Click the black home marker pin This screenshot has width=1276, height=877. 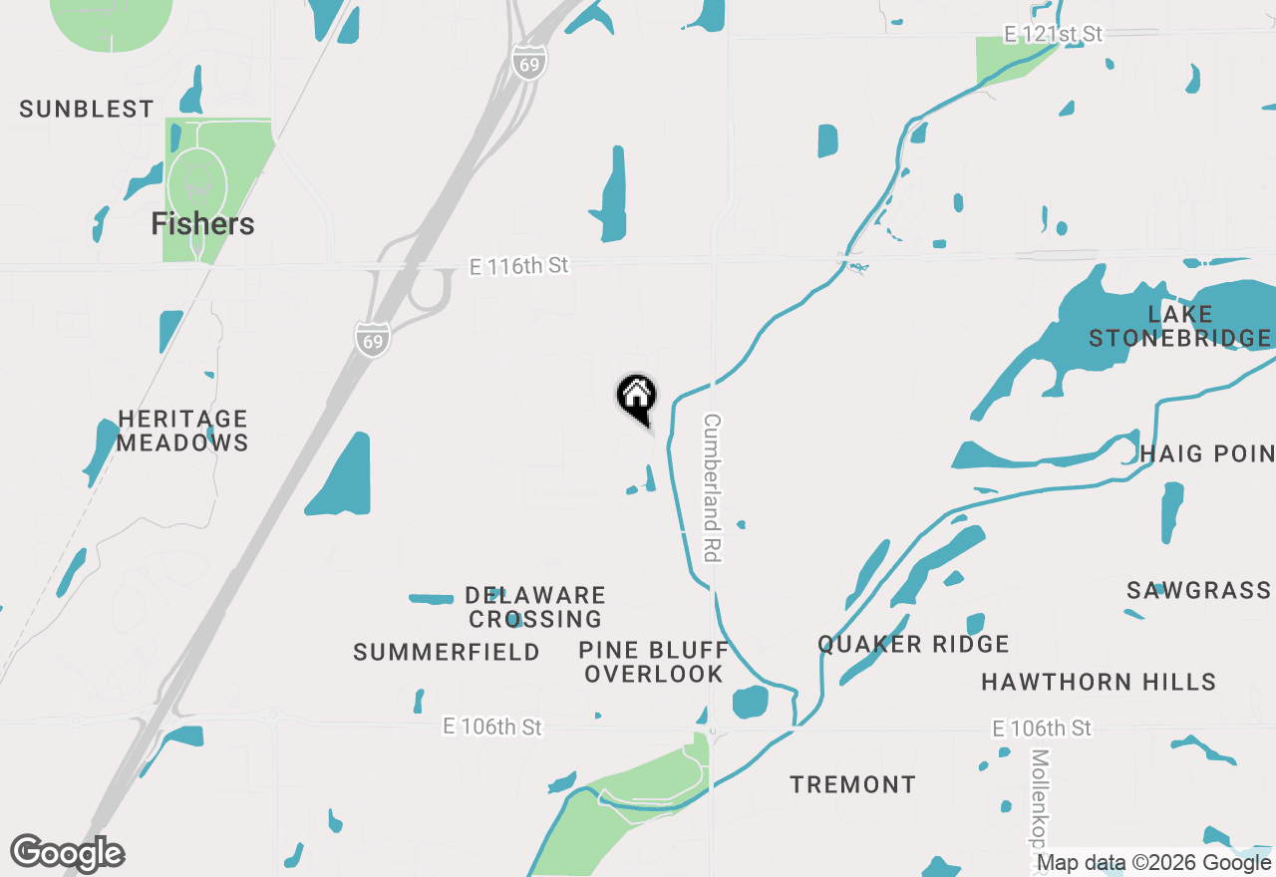coord(636,397)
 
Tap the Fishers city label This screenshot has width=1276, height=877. coord(202,224)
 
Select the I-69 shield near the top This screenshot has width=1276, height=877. coord(529,62)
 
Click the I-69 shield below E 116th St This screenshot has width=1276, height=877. coord(371,338)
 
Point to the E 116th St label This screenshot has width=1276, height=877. coord(518,266)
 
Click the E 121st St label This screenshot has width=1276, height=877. coord(1053,34)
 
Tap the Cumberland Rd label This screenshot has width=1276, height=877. coord(712,487)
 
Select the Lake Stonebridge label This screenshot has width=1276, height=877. coord(1179,327)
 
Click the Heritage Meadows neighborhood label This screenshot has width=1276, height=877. coord(182,431)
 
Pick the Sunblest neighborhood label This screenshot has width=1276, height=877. coord(87,110)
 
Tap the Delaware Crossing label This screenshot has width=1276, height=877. coord(535,608)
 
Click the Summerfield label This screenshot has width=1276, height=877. coord(447,653)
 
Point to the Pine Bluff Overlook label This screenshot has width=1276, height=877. coord(654,662)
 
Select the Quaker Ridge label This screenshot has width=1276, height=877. coord(913,645)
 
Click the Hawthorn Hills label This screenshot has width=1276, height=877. coord(1099,683)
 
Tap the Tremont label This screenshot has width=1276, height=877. coord(852,785)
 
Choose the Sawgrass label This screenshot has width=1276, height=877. coord(1198,591)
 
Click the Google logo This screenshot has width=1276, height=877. coord(68,853)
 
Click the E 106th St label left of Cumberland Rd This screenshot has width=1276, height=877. coord(492,728)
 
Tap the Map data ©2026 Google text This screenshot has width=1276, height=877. coord(1154,863)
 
